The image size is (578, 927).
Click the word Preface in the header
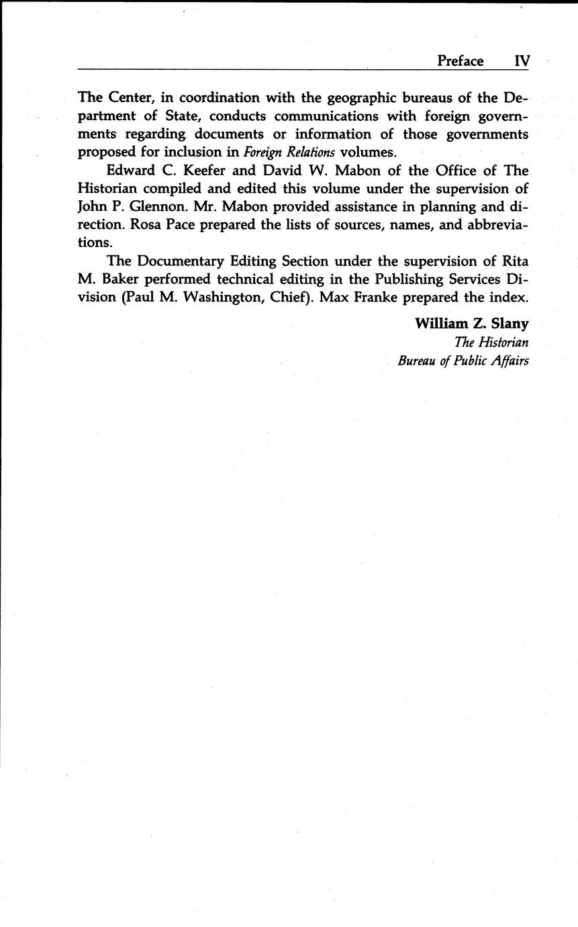[460, 61]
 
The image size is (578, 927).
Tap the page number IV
[522, 61]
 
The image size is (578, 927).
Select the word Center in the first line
[130, 98]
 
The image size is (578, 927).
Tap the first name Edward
[131, 171]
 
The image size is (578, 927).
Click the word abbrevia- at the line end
[493, 225]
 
